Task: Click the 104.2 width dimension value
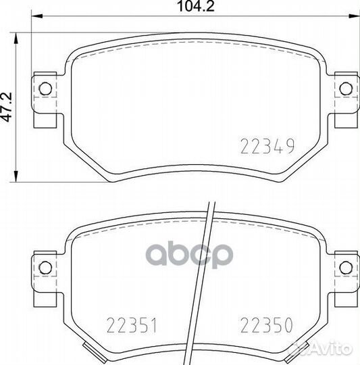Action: pyautogui.click(x=196, y=6)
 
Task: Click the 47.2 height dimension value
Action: pyautogui.click(x=7, y=107)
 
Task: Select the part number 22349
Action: pyautogui.click(x=267, y=146)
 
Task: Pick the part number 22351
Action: pyautogui.click(x=132, y=325)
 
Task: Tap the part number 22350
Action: pyautogui.click(x=267, y=325)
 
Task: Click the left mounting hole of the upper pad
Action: pyautogui.click(x=45, y=89)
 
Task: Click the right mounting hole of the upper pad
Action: pyautogui.click(x=346, y=89)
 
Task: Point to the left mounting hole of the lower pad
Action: pyautogui.click(x=45, y=268)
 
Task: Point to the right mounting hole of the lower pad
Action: pyautogui.click(x=346, y=268)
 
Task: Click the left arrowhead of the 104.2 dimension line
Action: pyautogui.click(x=36, y=16)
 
